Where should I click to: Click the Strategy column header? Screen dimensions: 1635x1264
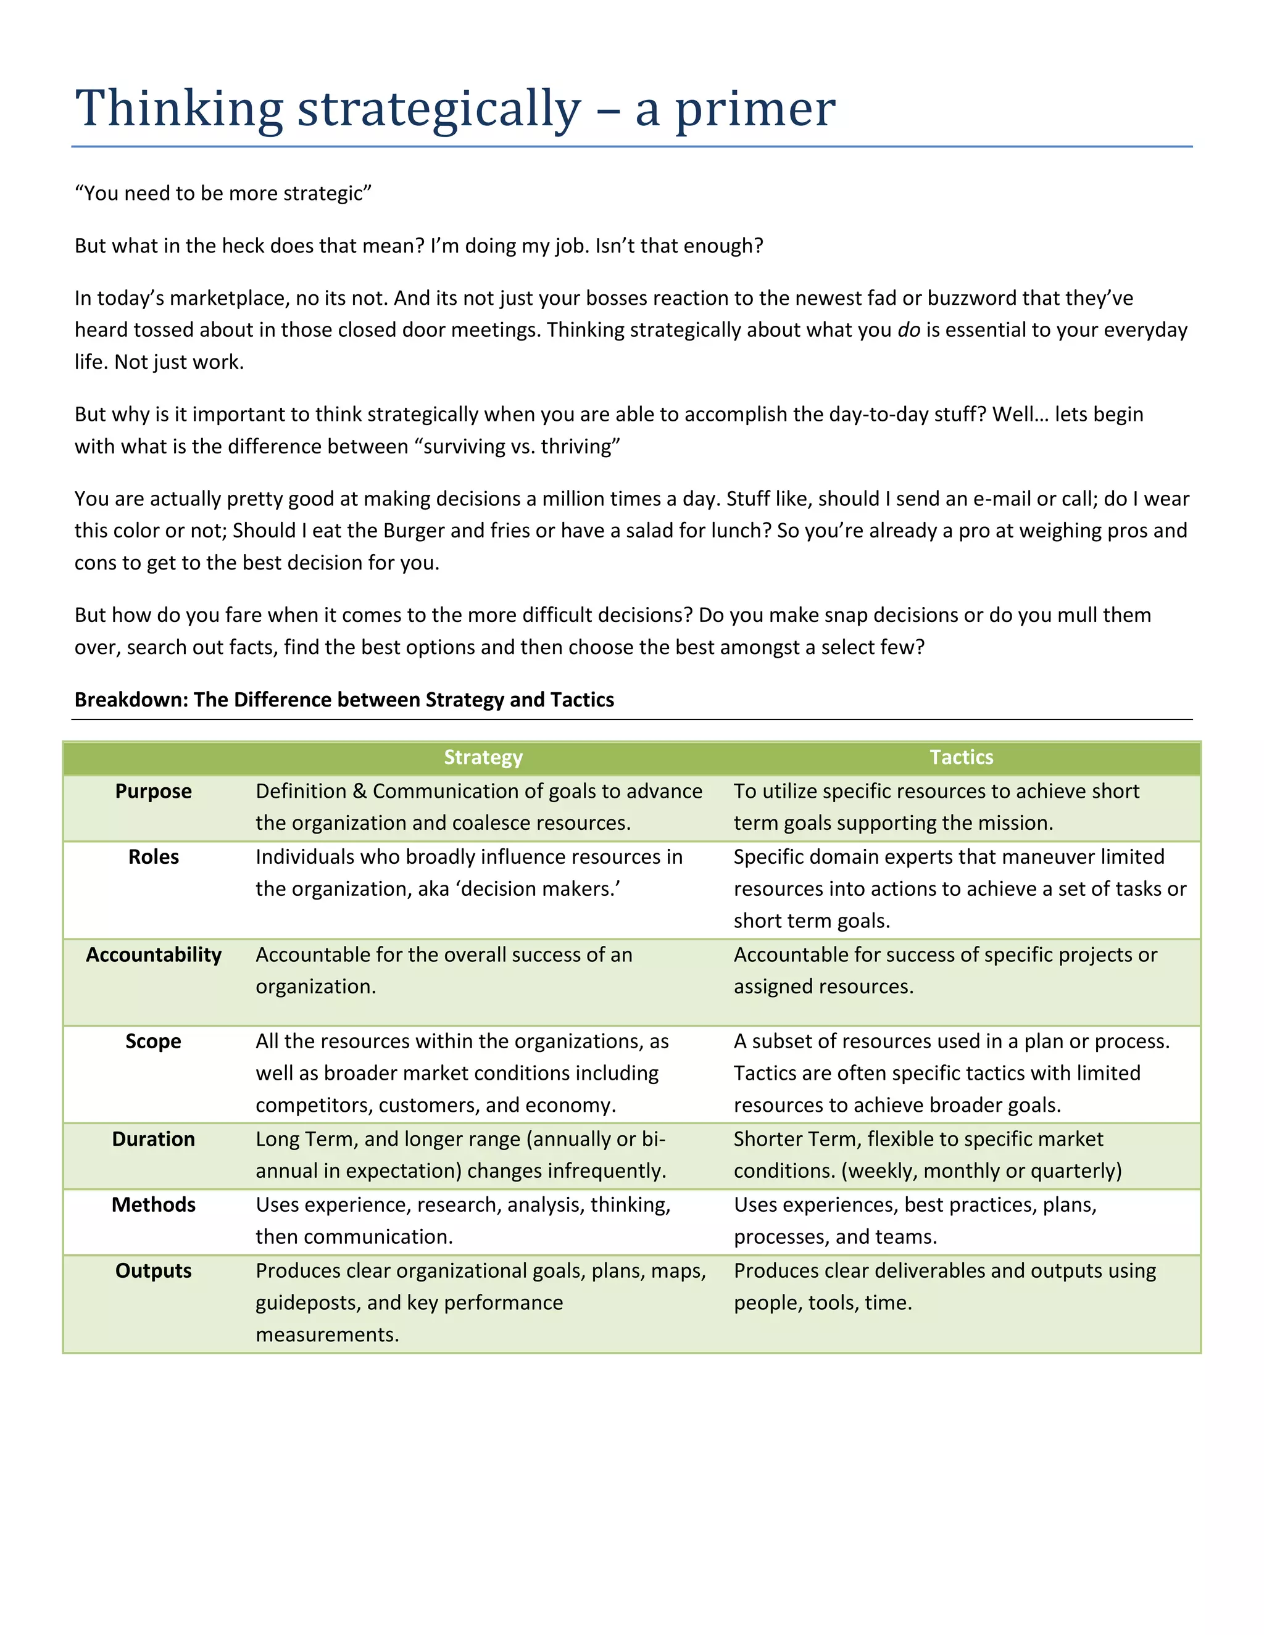(483, 758)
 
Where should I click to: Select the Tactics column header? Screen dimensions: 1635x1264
(961, 758)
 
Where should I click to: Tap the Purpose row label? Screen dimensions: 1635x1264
(154, 792)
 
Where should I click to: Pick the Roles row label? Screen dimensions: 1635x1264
(154, 857)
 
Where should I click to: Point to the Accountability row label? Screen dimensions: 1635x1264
(154, 955)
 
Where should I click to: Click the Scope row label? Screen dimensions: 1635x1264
(154, 1041)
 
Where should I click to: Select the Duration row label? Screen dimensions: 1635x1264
(154, 1140)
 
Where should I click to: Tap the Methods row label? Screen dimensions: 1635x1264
(154, 1206)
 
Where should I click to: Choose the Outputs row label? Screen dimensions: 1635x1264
(154, 1271)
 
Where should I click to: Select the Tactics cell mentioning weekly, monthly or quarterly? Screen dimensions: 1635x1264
(927, 1155)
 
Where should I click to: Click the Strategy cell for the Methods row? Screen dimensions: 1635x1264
(463, 1221)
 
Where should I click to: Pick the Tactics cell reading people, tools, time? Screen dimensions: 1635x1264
(945, 1287)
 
